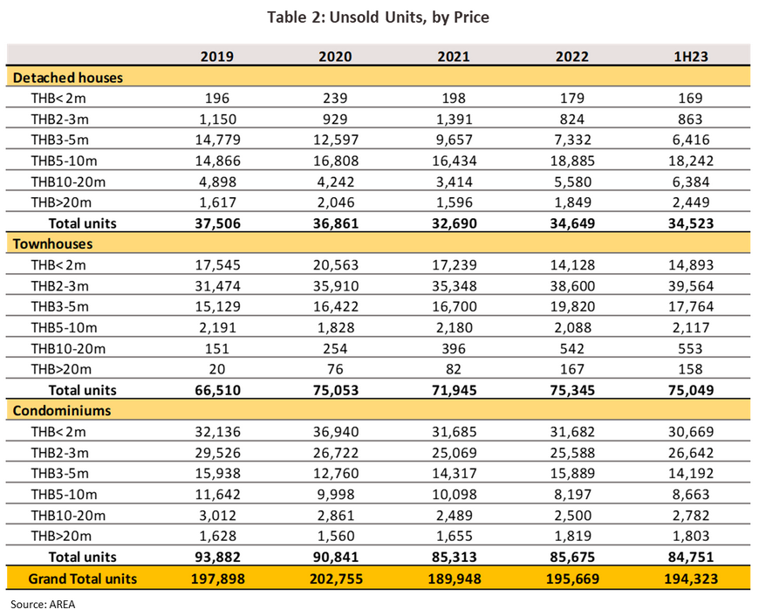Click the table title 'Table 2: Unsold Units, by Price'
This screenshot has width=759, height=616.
tap(378, 17)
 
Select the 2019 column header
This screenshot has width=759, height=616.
tap(217, 57)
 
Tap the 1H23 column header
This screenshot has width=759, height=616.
tap(691, 57)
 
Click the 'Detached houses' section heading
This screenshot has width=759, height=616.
tap(68, 78)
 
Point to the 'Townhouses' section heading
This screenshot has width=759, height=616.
tap(52, 243)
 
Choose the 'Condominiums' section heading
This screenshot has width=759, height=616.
tap(62, 411)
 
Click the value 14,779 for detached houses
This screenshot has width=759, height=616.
tap(217, 140)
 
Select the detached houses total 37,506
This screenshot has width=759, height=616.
tap(217, 223)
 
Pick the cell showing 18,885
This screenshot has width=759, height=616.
tap(572, 161)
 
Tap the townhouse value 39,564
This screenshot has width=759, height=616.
tap(691, 286)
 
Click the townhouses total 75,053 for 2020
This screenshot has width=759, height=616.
tap(336, 390)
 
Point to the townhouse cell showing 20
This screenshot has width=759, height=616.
tap(217, 369)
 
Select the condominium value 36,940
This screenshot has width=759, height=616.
tap(336, 432)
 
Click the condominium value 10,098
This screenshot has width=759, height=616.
tap(454, 495)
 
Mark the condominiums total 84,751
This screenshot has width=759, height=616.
tap(691, 557)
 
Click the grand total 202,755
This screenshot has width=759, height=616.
tap(336, 578)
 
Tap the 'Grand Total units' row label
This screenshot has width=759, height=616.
tap(83, 578)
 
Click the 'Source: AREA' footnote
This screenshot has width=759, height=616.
tap(43, 605)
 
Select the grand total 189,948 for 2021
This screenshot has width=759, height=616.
tap(454, 578)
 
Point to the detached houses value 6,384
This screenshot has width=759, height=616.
tap(691, 182)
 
